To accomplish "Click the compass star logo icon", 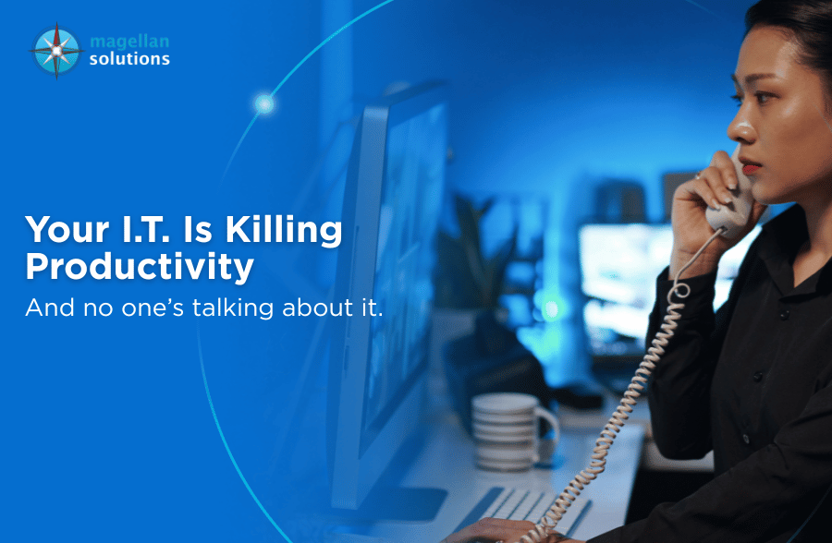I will click(56, 50).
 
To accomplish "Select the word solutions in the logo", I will click(129, 59).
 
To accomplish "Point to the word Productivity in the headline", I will click(140, 267).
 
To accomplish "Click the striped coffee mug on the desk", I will click(505, 429).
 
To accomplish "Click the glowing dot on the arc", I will click(264, 103).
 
